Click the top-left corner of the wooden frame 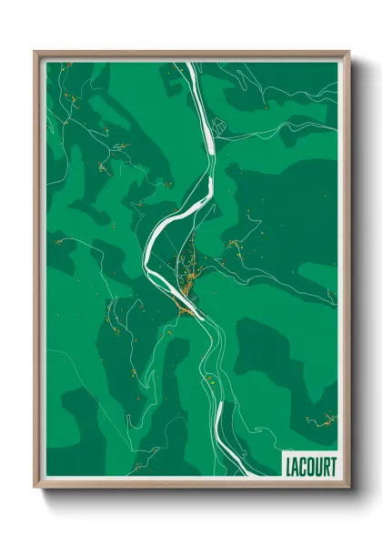pos(35,52)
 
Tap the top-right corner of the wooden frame pos(348,52)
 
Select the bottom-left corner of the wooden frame pos(35,487)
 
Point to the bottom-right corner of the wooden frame pos(348,487)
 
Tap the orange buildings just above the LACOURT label pos(321,420)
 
